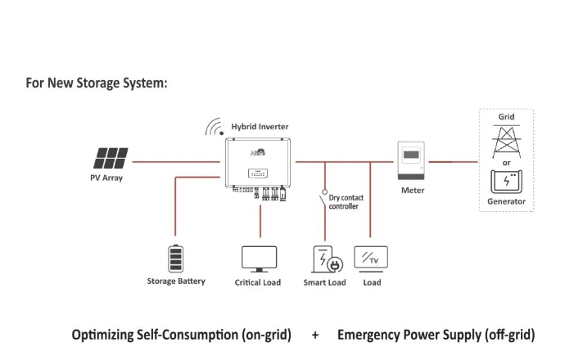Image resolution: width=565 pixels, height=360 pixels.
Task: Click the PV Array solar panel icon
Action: point(111,158)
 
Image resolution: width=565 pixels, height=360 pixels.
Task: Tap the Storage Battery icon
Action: point(176,259)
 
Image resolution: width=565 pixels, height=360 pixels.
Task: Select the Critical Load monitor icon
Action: point(259,259)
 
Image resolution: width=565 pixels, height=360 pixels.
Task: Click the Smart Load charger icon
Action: point(328,259)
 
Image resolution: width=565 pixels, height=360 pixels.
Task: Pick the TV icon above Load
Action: point(371,259)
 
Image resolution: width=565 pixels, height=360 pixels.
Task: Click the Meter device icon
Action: point(411,160)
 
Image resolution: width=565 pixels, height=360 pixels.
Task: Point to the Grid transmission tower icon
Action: point(506,142)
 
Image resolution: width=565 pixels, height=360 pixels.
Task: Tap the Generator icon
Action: point(506,182)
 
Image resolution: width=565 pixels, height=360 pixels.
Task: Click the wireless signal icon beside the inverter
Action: point(215,127)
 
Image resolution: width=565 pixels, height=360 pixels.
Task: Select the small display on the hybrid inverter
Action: point(258,173)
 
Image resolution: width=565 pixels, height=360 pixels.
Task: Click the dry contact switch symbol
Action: point(323,198)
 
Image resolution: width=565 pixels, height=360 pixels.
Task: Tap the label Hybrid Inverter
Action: point(260,127)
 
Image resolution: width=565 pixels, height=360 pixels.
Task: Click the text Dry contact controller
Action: point(346,202)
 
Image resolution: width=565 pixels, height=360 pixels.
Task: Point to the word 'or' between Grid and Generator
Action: point(506,163)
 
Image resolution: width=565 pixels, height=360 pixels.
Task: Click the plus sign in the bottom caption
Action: point(315,335)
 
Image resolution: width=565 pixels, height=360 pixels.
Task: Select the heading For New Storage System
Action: point(97,83)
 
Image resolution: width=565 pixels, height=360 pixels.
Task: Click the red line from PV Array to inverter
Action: point(176,162)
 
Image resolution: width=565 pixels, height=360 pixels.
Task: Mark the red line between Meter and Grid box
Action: point(454,162)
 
